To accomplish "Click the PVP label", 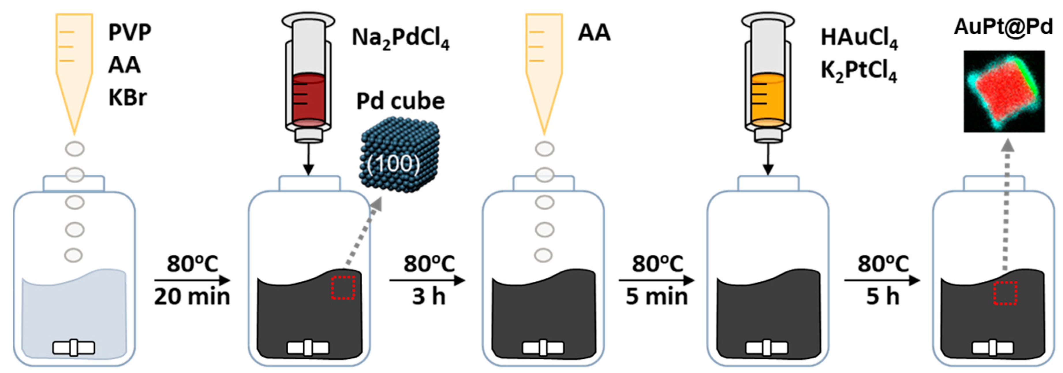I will pos(130,32).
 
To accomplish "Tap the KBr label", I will pos(128,98).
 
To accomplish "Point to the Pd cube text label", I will pos(400,101).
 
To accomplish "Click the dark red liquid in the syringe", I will pos(308,99).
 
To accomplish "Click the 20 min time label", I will pos(192,296).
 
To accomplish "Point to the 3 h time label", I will pos(428,296).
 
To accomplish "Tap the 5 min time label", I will pos(657,296).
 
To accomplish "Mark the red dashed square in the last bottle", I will pos(1005,293).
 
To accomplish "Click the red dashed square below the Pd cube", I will pos(343,288).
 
